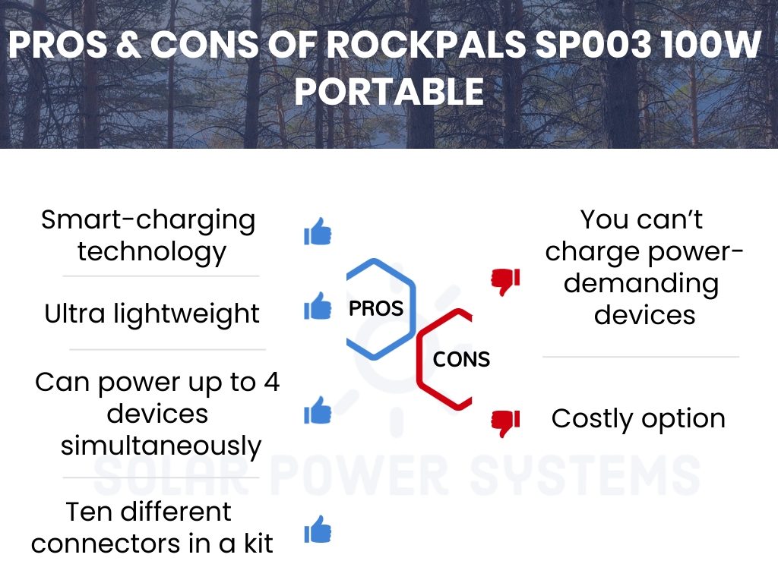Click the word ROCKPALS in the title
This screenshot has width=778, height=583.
coord(426,45)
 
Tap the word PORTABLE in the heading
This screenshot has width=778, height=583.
coord(390,92)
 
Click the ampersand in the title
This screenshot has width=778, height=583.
coord(128,45)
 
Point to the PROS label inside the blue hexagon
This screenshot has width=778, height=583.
coord(375,308)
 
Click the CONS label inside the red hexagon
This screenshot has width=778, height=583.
coord(461,359)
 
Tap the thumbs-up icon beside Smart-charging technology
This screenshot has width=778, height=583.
coord(318,231)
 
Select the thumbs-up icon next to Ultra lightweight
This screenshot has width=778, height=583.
coord(318,305)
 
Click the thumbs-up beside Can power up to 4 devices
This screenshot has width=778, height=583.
coord(318,410)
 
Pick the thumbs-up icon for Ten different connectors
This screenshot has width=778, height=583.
coord(318,529)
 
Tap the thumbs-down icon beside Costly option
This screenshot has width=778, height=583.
coord(505,424)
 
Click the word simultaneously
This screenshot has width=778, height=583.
coord(161,446)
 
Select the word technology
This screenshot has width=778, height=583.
coord(152,252)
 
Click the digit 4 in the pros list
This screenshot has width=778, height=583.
coord(272,383)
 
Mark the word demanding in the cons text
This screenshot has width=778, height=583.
coord(641,284)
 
